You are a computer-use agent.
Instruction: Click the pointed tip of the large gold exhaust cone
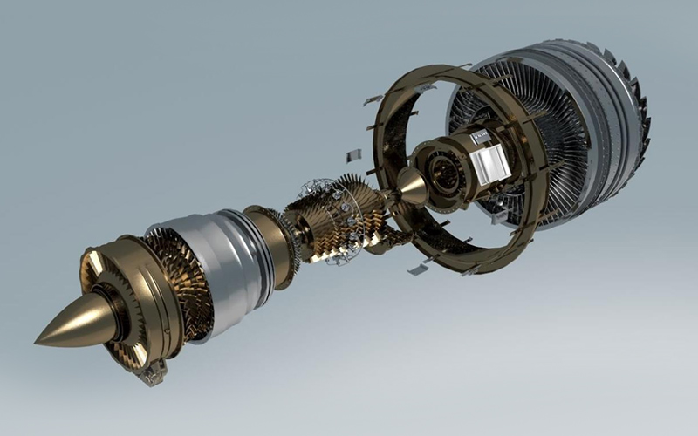coord(39,337)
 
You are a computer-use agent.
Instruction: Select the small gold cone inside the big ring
coord(412,186)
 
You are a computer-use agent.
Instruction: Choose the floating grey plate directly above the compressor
coord(352,156)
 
